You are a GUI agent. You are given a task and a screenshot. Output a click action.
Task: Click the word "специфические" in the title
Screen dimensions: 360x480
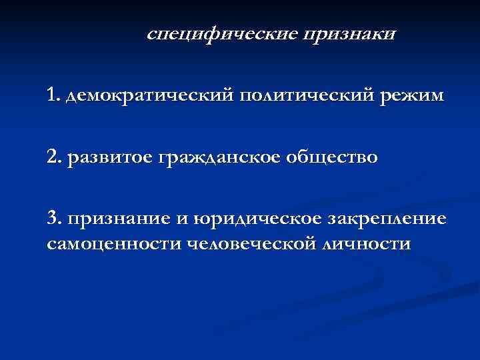[221, 34]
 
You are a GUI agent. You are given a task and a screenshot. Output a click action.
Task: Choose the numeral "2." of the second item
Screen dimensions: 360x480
[55, 157]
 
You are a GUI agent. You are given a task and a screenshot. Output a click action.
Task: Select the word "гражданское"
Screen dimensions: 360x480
[223, 158]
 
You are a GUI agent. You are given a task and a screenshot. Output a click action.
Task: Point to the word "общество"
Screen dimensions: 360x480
[335, 158]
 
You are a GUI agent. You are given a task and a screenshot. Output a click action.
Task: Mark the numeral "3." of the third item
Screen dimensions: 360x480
[55, 219]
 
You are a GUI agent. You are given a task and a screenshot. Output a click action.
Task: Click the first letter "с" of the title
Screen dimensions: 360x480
[151, 34]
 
